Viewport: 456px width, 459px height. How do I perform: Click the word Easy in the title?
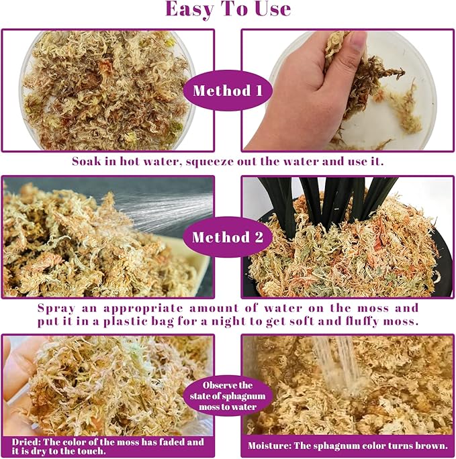click(x=189, y=9)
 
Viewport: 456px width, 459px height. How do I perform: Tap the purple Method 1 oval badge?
click(x=228, y=91)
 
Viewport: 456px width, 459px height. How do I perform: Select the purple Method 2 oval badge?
click(x=228, y=237)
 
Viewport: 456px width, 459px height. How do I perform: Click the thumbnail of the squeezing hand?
click(x=348, y=91)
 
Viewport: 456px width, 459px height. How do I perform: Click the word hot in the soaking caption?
click(x=129, y=161)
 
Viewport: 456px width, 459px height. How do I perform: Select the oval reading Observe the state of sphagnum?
click(x=228, y=396)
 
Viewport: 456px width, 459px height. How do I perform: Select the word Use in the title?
click(x=273, y=9)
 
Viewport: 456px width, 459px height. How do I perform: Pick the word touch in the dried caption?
click(x=90, y=451)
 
